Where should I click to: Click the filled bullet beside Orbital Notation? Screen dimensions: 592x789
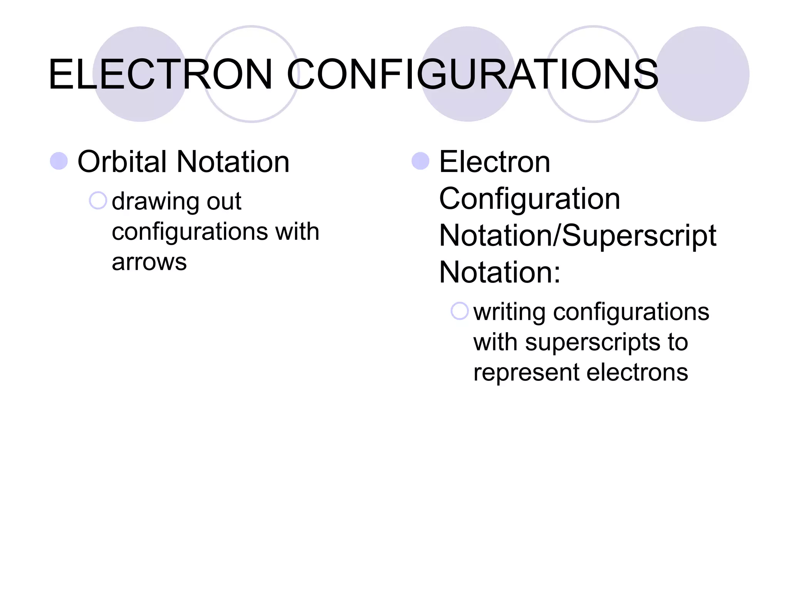click(59, 161)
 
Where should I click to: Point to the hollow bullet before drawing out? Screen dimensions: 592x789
click(97, 200)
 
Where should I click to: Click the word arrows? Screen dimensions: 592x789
click(149, 262)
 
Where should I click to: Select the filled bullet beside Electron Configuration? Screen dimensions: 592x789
click(420, 161)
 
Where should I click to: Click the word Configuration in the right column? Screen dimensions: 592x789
click(529, 199)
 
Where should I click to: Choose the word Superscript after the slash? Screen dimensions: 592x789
click(639, 236)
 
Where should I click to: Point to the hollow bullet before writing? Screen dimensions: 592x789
click(459, 311)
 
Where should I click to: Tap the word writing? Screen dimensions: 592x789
click(509, 312)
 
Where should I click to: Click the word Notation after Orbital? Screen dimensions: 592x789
click(233, 162)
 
